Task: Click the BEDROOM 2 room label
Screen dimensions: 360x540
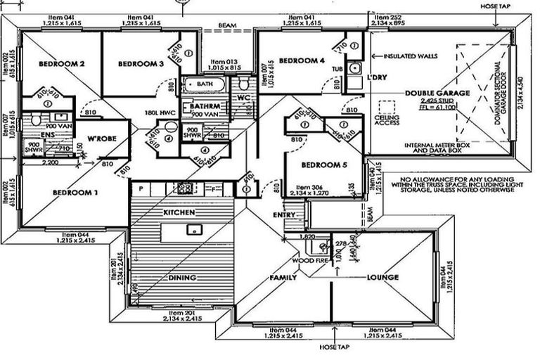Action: [x=61, y=64]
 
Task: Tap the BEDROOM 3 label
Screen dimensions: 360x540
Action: [x=141, y=64]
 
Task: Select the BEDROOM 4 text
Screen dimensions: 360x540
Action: [x=302, y=61]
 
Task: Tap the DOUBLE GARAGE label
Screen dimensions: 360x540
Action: [x=437, y=92]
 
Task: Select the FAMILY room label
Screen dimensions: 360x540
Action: [x=283, y=278]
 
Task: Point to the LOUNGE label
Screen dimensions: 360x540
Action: [x=382, y=277]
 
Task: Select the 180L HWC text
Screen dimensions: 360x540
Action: [x=160, y=112]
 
